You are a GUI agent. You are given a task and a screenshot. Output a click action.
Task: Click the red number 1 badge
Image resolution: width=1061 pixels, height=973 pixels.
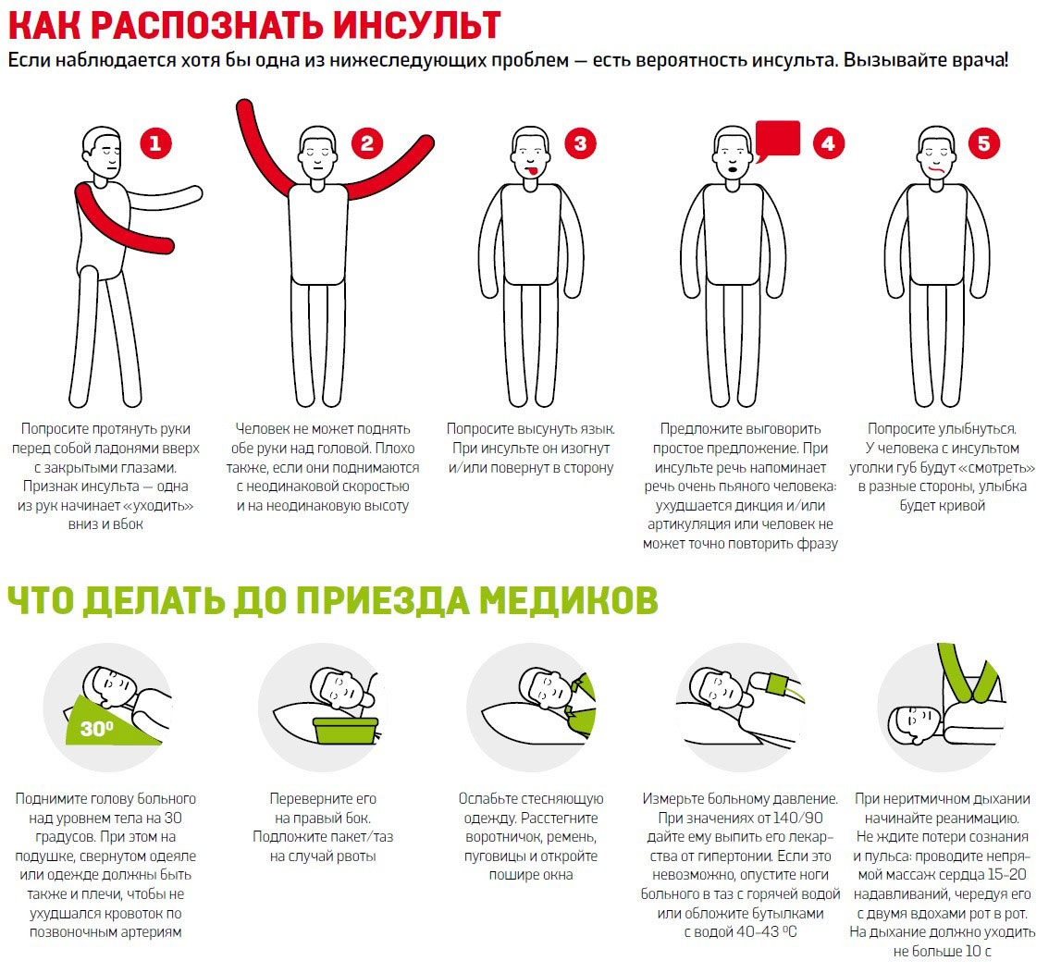(155, 143)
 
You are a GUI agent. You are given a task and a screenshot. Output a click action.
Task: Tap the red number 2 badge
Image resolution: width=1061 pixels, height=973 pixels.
(367, 143)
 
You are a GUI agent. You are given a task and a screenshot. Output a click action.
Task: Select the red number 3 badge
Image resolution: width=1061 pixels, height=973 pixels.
(580, 143)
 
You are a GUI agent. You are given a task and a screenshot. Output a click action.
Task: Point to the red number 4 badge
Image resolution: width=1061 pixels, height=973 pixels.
(828, 143)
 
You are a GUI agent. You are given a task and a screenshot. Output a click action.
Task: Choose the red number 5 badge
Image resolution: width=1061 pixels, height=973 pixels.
(983, 143)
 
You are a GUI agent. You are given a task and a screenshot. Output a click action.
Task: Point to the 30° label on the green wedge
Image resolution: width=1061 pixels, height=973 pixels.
(96, 728)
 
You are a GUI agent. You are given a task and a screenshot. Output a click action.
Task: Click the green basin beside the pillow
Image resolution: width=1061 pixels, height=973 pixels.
(347, 729)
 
